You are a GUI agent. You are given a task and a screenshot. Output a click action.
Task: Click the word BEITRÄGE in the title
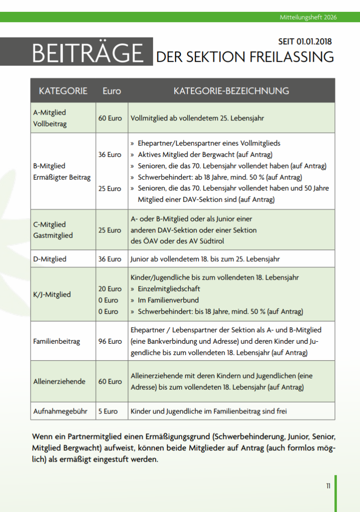88,53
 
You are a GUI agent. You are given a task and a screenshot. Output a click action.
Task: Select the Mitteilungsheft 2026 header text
308,18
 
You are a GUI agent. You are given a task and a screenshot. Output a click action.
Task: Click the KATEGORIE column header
63,91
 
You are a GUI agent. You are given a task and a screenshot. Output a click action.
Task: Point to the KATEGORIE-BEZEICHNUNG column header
231,91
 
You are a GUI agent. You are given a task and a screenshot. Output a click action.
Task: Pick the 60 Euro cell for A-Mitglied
110,118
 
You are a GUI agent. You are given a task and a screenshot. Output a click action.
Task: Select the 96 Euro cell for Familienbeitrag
110,341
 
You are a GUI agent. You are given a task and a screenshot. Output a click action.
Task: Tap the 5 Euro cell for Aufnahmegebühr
108,411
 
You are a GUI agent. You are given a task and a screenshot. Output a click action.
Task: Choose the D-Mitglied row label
50,259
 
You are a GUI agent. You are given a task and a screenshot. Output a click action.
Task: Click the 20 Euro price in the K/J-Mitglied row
110,289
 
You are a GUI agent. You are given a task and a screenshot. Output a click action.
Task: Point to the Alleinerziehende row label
59,381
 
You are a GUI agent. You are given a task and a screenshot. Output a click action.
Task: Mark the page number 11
328,486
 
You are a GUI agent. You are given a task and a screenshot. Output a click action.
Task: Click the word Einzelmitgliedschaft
169,289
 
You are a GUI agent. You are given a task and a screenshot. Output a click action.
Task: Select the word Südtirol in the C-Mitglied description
211,241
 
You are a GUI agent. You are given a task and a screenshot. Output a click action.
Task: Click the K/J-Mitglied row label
52,294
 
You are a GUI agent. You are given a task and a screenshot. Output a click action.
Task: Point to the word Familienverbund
173,300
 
